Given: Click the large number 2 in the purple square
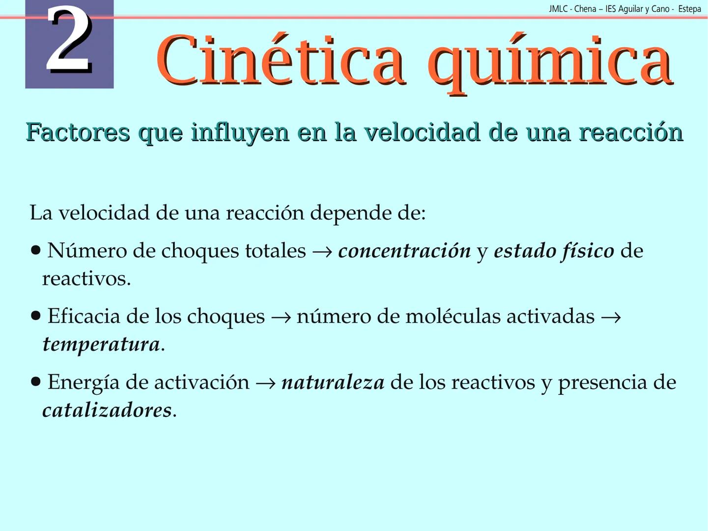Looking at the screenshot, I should pyautogui.click(x=69, y=42).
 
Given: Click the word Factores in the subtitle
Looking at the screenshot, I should pyautogui.click(x=78, y=132).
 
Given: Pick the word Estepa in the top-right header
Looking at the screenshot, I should pyautogui.click(x=689, y=9).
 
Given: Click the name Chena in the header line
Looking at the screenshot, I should pyautogui.click(x=585, y=9).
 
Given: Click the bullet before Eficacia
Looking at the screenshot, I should pyautogui.click(x=35, y=316).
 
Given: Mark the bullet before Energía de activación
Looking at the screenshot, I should pyautogui.click(x=35, y=382).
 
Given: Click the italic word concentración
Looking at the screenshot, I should pyautogui.click(x=404, y=251).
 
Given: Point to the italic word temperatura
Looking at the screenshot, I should pyautogui.click(x=101, y=344).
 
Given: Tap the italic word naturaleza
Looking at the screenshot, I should pyautogui.click(x=333, y=383).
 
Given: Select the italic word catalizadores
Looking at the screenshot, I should pyautogui.click(x=107, y=410).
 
